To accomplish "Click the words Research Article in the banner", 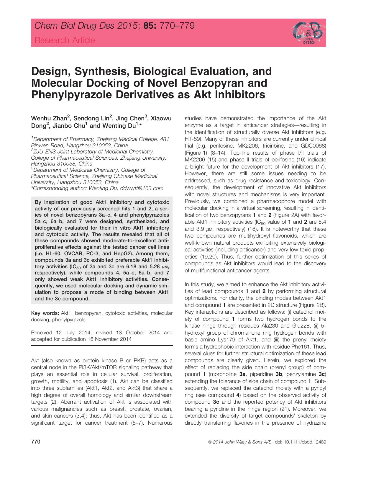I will pos(65,40).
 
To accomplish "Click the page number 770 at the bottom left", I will pos(36,442).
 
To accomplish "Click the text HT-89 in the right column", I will pos(193,139).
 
